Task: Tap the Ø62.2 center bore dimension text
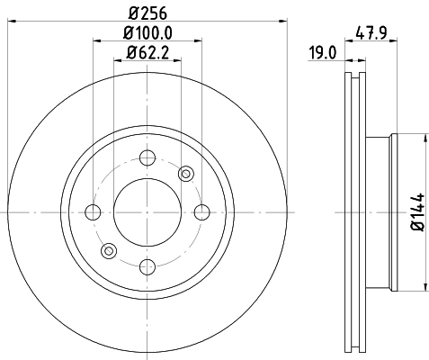coord(147,52)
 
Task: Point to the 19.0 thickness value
coord(321,52)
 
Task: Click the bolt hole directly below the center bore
coord(147,266)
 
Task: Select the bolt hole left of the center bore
coord(92,212)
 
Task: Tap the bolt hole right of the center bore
coord(201,212)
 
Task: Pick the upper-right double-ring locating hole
coord(186,173)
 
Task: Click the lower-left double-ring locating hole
coord(108,251)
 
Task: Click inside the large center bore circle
coord(147,212)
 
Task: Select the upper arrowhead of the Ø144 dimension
coord(421,138)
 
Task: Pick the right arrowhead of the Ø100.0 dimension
coord(198,40)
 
